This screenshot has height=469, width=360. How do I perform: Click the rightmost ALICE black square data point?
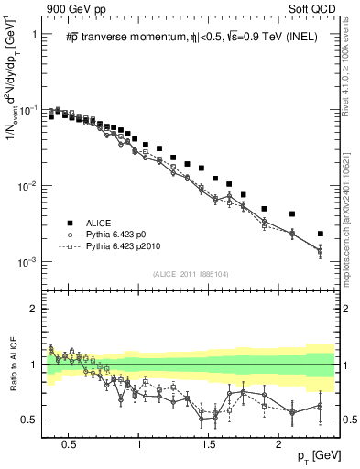pos(320,234)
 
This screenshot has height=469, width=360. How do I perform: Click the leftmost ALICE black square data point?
pos(51,117)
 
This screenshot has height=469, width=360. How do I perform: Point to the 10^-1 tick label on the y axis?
pos(29,110)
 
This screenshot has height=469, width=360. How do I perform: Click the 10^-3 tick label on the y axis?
pos(29,262)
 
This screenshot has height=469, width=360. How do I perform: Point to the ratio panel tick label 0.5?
pos(31,420)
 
